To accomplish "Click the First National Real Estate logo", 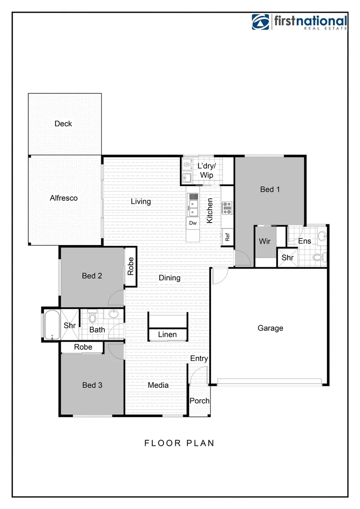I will pos(300,22).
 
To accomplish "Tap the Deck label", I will pos(63,123).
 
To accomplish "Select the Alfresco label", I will pos(64,198).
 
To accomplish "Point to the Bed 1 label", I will pos(270,189).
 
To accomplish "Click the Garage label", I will pos(270,328).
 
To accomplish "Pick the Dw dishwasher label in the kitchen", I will pos(193,223).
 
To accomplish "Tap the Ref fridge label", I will pos(227,238).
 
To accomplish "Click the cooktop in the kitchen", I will pos(228,208).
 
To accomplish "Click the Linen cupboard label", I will pos(167,335).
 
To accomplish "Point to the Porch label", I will pos(199,401).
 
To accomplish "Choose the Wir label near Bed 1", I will pos(265,241).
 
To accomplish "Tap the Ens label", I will pos(304,241).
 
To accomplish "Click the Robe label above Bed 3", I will pos(83,347).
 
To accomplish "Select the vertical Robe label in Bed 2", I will pos(131,267).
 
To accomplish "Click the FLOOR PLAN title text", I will pos(179,443).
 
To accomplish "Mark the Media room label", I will pos(158,385).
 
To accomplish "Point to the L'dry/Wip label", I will pos(206,171).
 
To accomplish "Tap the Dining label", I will pos(169,278).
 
